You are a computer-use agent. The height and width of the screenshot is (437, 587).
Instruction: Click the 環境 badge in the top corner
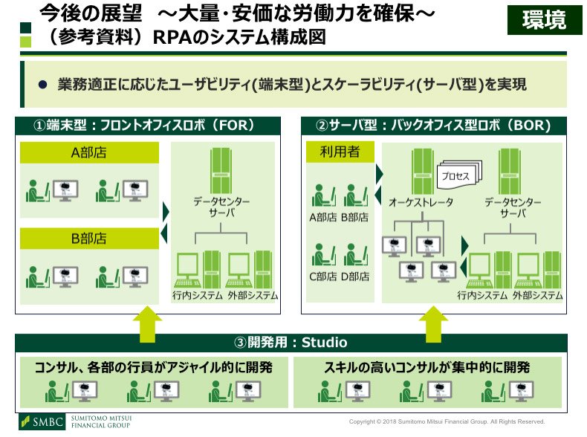tap(545, 20)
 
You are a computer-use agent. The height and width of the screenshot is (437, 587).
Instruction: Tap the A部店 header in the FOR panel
tap(89, 152)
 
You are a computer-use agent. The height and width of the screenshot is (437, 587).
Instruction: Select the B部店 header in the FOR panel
tap(89, 239)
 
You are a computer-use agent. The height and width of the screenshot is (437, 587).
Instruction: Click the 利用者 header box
tap(340, 152)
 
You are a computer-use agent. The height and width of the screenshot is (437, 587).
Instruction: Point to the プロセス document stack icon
tap(459, 174)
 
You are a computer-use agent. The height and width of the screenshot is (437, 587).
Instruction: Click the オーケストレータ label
tap(421, 202)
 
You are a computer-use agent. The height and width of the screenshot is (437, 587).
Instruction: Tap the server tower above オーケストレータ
tap(422, 172)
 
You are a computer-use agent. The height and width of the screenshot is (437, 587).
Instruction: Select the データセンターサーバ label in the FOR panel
tap(221, 207)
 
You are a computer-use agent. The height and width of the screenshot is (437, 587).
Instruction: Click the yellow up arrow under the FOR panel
tap(148, 324)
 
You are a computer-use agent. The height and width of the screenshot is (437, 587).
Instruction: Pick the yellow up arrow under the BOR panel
tap(433, 324)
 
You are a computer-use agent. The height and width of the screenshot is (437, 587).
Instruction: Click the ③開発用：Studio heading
tap(291, 343)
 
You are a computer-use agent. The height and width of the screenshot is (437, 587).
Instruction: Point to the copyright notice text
tap(447, 421)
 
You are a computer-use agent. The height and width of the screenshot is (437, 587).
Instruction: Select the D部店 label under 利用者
tap(355, 276)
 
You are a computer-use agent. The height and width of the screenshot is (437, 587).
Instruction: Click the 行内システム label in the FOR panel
tap(198, 296)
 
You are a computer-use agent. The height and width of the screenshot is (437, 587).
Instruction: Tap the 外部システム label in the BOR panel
tap(537, 296)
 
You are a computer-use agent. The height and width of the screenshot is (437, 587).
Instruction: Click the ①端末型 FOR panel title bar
tap(148, 126)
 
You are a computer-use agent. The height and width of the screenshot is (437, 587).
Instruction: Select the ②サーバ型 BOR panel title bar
tap(434, 126)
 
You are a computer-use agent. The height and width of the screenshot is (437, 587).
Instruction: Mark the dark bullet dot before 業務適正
tap(42, 85)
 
